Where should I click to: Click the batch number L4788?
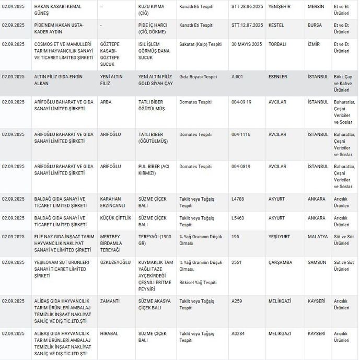[x=239, y=199]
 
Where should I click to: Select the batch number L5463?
[x=239, y=218]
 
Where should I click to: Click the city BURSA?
[x=316, y=25]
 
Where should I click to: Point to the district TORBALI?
[x=278, y=45]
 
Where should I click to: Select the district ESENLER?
[x=278, y=77]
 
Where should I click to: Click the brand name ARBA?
[x=106, y=102]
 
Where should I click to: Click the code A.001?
[x=238, y=77]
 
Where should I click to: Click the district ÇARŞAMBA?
[x=281, y=262]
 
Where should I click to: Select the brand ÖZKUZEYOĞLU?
[x=115, y=262]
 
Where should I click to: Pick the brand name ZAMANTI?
[x=110, y=301]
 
